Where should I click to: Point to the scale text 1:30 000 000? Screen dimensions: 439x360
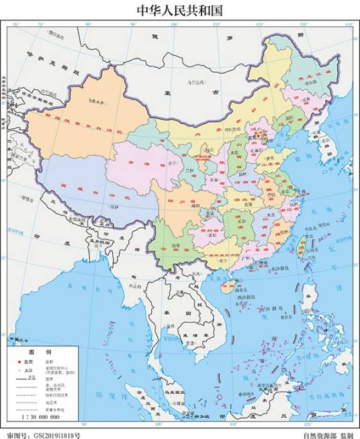[x=41, y=417]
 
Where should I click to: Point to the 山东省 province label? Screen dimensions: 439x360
[x=272, y=163]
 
